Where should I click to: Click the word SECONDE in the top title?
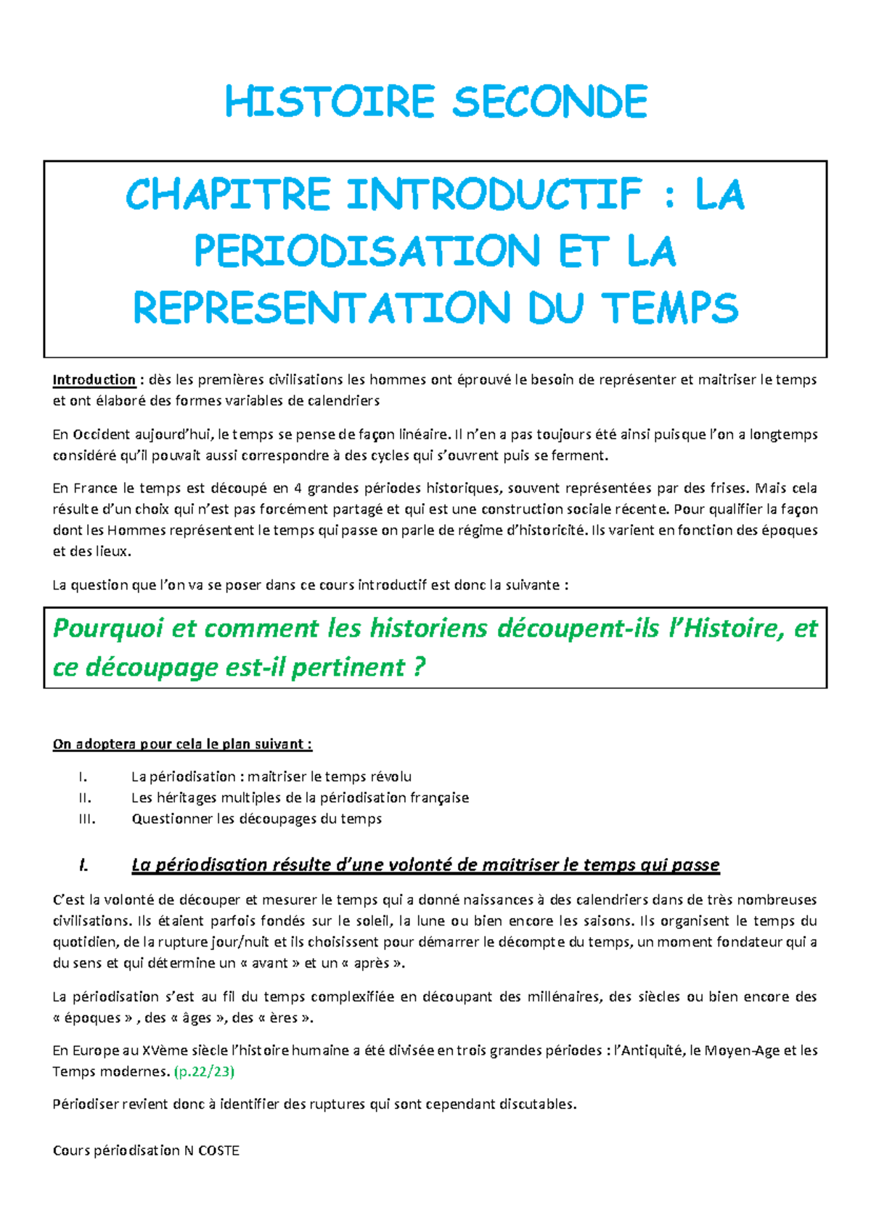[549, 102]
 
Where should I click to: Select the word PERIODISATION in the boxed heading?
[367, 251]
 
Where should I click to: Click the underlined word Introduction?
[94, 380]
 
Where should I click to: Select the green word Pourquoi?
[107, 628]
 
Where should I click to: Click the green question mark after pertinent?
[418, 667]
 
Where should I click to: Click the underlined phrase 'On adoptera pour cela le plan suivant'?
[181, 744]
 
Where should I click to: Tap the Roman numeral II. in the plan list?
[85, 798]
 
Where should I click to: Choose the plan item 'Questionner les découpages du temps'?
[256, 819]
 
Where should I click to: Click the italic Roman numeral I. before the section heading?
[83, 865]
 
